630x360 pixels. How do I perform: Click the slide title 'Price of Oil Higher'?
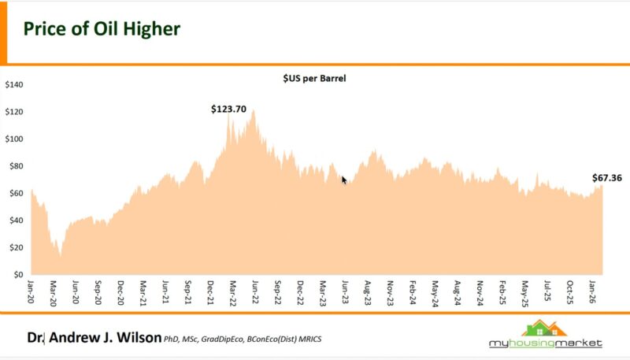point(102,30)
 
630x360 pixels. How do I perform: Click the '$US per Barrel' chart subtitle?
point(315,79)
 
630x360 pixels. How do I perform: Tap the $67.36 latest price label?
point(607,178)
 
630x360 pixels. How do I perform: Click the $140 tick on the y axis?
point(14,85)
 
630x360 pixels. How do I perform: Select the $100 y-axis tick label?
point(14,139)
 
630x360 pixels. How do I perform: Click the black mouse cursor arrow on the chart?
point(344,180)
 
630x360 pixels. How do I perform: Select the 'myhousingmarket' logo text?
point(544,343)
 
